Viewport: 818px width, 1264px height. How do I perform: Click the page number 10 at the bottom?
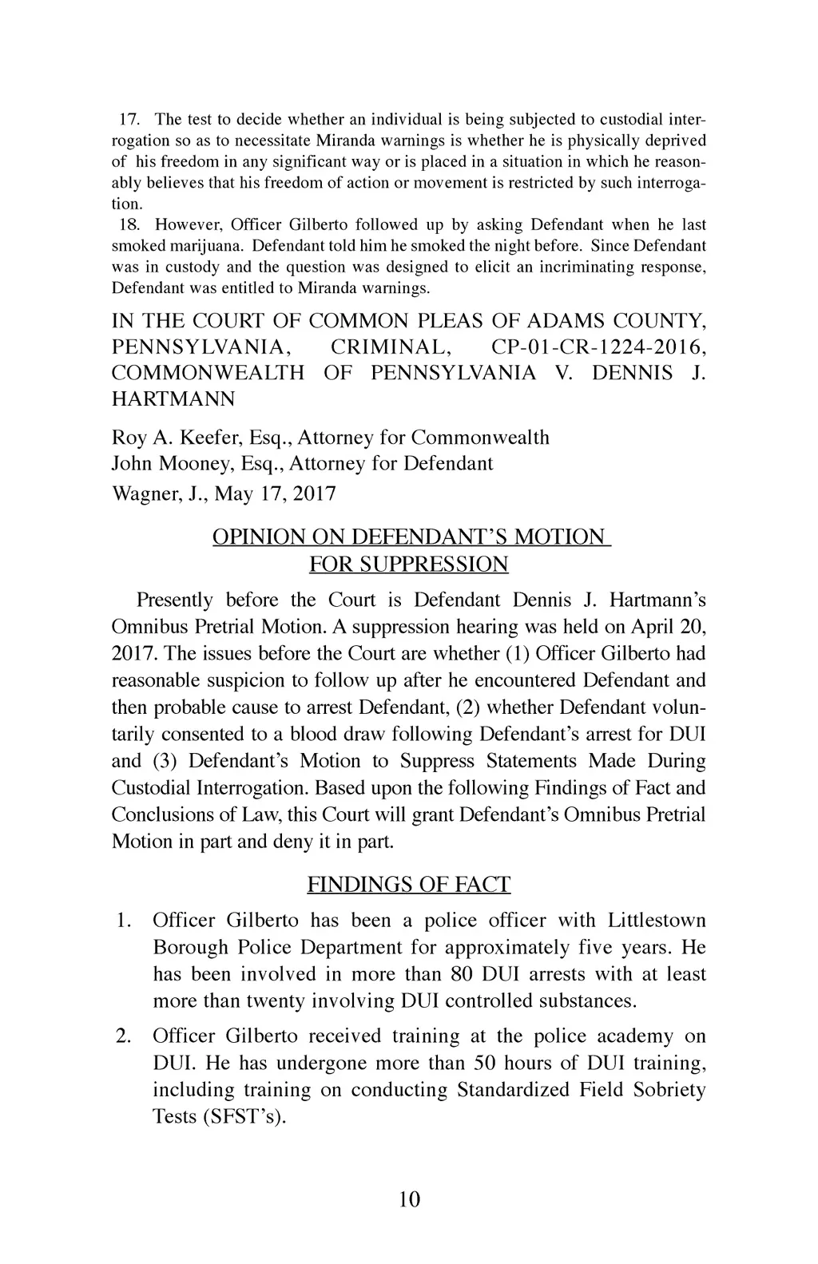pyautogui.click(x=408, y=1199)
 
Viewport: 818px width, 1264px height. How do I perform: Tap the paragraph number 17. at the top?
pyautogui.click(x=129, y=120)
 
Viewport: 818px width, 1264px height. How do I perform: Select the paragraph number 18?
pyautogui.click(x=129, y=225)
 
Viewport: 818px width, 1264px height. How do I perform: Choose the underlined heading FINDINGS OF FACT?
pyautogui.click(x=408, y=885)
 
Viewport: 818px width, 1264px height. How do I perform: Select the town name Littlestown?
pyautogui.click(x=657, y=921)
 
